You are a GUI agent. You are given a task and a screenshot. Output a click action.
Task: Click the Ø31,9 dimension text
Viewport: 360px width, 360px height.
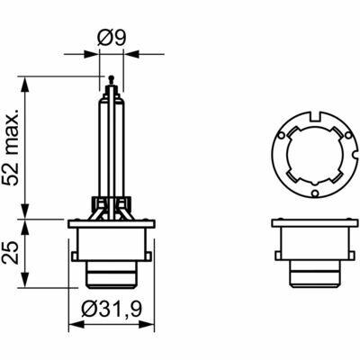[x=110, y=310]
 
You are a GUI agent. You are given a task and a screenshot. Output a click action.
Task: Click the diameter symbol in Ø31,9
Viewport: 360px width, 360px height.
[x=88, y=310]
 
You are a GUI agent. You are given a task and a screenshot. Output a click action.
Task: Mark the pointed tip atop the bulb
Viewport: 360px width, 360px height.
[x=109, y=78]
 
